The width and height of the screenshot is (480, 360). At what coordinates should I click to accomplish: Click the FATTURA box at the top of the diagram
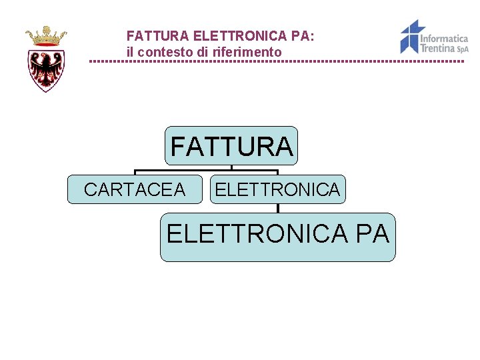tap(231, 146)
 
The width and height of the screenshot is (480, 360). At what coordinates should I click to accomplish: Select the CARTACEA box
tap(135, 190)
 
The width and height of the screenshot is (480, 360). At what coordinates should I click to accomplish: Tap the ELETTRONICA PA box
tap(277, 237)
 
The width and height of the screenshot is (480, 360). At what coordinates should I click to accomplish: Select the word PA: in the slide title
tap(303, 36)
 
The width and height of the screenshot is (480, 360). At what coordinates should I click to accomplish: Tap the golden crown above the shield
tap(46, 35)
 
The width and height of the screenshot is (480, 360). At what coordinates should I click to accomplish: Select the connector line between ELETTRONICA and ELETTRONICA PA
tap(278, 208)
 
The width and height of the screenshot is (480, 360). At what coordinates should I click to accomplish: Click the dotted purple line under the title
tap(277, 61)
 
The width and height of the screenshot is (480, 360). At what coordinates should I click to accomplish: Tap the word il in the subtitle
tap(130, 51)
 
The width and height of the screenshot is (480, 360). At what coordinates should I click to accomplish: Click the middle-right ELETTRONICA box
tap(277, 190)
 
